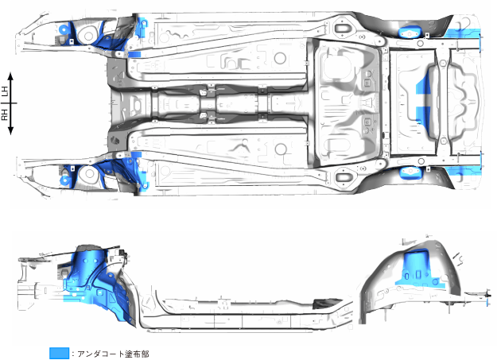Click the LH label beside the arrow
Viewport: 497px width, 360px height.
6,92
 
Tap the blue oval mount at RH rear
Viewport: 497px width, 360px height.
410,173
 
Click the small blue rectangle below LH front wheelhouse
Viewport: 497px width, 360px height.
134,54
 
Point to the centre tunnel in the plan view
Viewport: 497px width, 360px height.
215,103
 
